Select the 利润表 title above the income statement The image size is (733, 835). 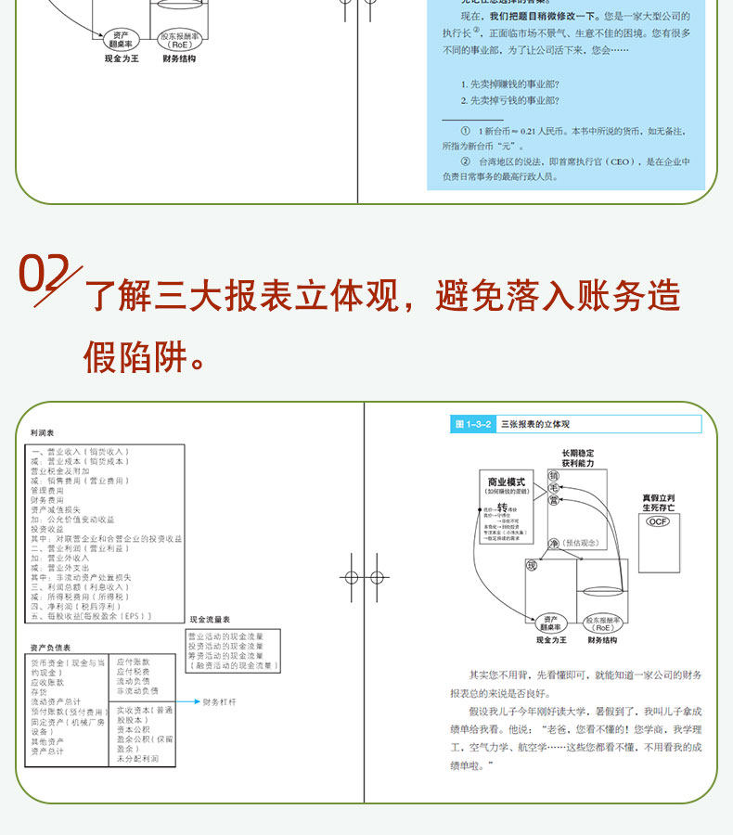coord(43,432)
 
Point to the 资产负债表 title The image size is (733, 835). coord(50,648)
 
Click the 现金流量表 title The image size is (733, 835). coord(210,619)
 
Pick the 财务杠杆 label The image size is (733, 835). coord(220,702)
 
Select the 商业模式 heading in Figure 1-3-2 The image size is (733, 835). coord(507,482)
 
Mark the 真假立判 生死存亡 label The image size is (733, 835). coord(658,502)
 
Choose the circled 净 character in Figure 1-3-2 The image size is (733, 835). coord(555,544)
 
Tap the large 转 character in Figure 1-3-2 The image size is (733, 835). coord(502,507)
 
